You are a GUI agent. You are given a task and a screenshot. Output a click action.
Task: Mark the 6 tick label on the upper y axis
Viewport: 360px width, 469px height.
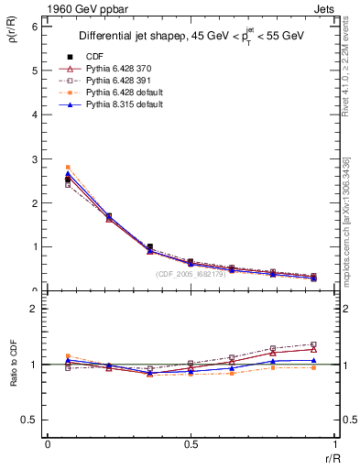click(x=34, y=27)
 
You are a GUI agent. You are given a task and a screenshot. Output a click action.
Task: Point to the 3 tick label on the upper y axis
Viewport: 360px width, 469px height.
click(x=34, y=159)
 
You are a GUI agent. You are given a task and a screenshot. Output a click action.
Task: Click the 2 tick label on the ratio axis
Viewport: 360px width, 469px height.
click(x=34, y=309)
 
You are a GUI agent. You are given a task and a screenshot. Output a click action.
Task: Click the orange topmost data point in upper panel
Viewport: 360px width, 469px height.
click(x=68, y=168)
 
